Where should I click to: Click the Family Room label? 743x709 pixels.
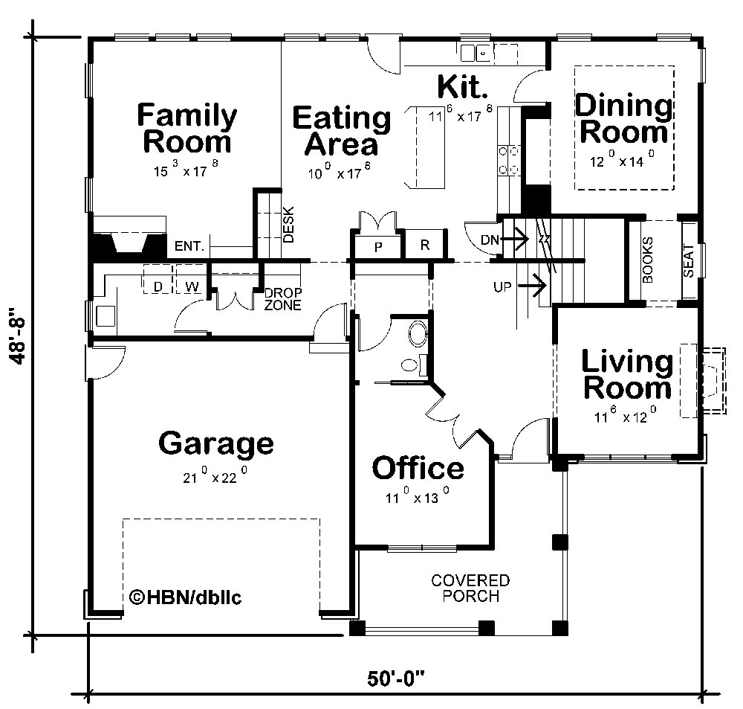(x=187, y=128)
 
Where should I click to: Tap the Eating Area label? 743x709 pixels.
(x=341, y=130)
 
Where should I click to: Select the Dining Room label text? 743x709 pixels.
(x=624, y=118)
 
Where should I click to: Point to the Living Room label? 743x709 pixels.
(x=627, y=375)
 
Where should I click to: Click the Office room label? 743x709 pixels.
(x=418, y=468)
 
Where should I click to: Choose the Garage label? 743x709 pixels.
(x=215, y=443)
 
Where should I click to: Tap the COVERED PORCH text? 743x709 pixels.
(x=471, y=588)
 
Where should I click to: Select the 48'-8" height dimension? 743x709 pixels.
(x=20, y=336)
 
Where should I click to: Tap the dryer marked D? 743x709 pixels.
(x=158, y=286)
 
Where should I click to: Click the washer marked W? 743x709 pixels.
(x=191, y=286)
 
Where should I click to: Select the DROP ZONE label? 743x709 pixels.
(x=283, y=299)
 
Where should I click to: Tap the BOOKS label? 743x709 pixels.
(x=647, y=260)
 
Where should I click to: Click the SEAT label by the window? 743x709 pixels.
(x=688, y=260)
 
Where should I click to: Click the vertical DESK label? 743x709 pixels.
(x=289, y=225)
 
